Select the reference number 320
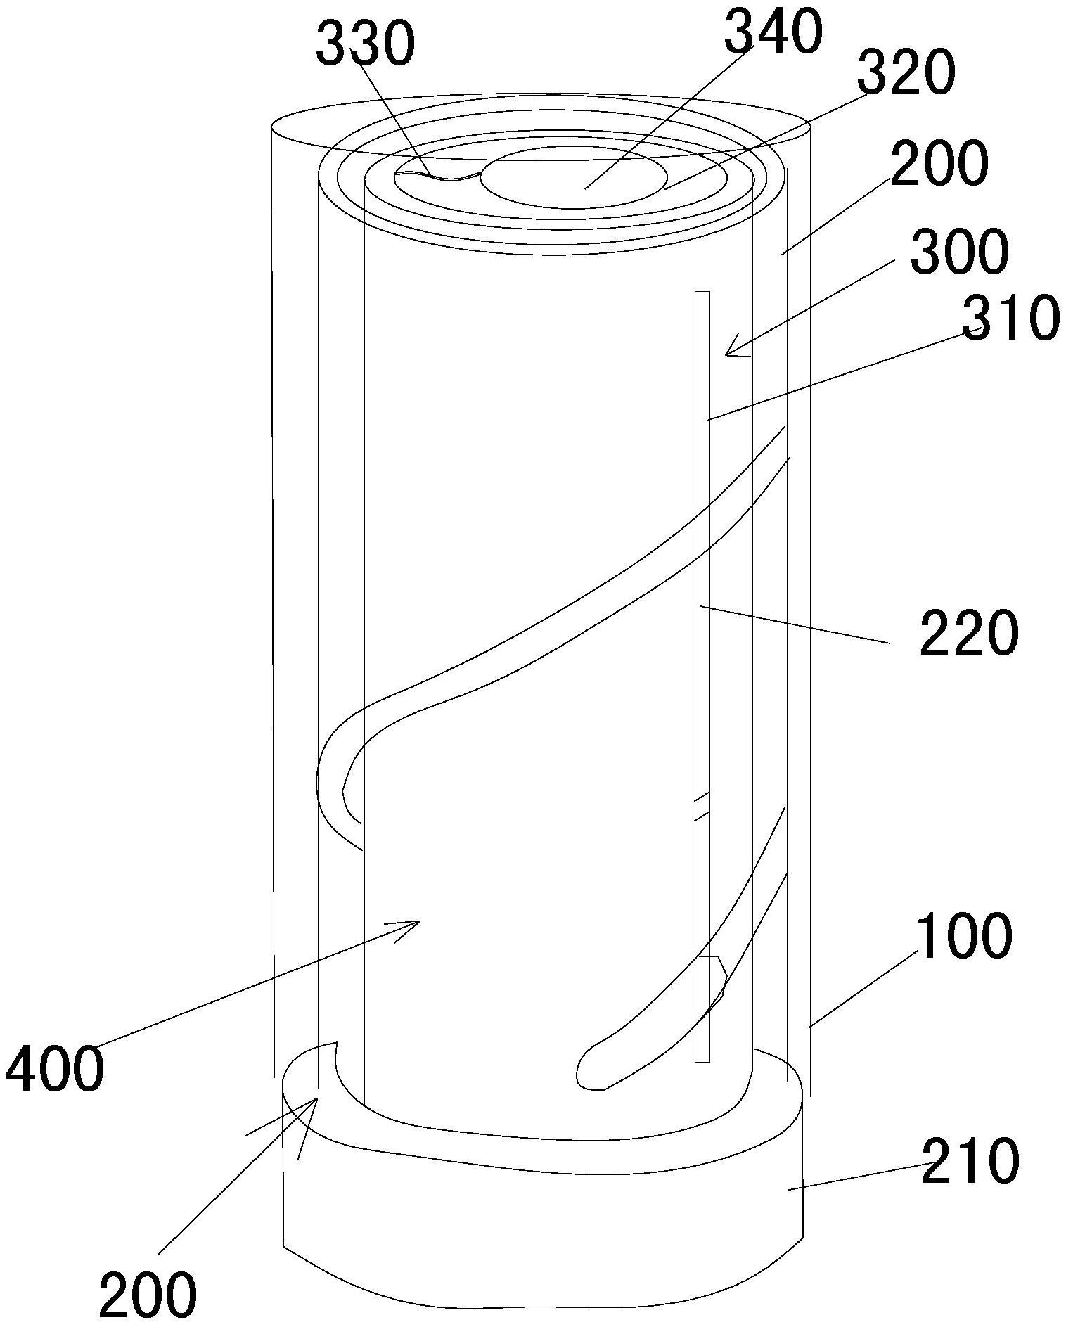906,74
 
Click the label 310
1010,318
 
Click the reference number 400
54,1069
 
